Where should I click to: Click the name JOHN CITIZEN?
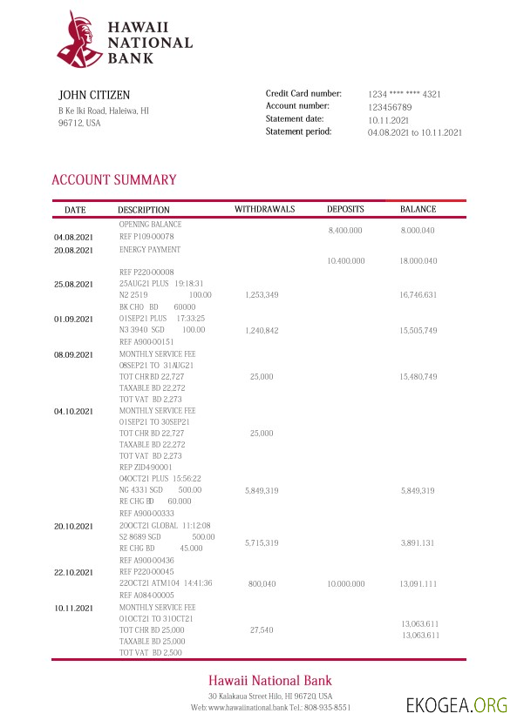94,94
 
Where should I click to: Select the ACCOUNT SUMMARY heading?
113,180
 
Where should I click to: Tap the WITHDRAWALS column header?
264,210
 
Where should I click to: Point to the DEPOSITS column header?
345,210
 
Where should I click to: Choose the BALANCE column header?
418,210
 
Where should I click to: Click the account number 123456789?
390,107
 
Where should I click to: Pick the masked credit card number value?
404,94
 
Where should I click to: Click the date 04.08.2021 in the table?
73,237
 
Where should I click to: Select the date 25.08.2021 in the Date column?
73,284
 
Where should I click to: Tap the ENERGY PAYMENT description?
150,250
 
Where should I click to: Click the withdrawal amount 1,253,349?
262,295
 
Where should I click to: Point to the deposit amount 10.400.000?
345,261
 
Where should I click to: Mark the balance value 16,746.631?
418,295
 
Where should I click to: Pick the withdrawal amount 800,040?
262,583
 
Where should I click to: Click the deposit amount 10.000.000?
345,583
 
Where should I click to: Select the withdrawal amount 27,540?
262,629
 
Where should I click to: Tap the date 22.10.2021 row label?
73,572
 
